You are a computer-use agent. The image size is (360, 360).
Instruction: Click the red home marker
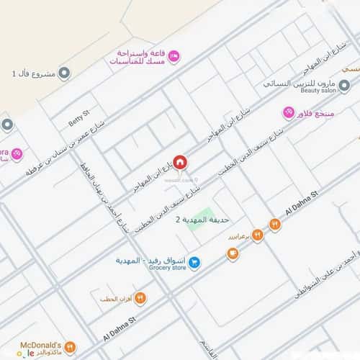pos(179,161)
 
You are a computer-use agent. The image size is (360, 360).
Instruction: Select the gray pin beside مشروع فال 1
pos(64,73)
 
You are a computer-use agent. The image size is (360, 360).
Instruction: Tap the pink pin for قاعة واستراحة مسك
pos(174,56)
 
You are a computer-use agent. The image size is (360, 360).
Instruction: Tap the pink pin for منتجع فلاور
pos(289,113)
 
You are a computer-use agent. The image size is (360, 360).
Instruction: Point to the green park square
pos(206,216)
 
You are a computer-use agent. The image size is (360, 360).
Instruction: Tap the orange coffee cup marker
pos(233,253)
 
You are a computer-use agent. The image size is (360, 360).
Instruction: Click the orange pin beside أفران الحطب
pos(140,297)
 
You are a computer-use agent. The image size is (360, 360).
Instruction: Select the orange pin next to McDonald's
pos(70,346)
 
